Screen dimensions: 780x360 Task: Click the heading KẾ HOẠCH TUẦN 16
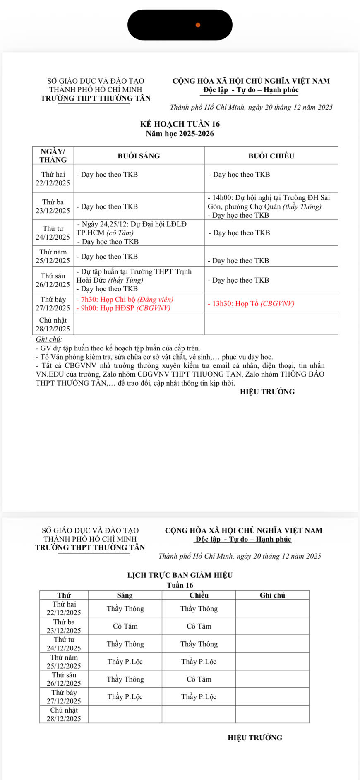[180, 124]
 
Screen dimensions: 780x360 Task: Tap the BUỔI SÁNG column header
[139, 156]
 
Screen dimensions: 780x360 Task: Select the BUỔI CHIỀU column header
[271, 156]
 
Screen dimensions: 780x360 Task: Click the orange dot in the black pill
[198, 25]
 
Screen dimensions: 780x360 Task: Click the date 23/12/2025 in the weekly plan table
[53, 211]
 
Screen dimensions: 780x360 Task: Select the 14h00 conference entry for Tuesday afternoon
[269, 202]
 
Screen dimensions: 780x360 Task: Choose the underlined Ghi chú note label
[49, 339]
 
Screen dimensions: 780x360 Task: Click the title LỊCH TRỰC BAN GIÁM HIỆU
[180, 575]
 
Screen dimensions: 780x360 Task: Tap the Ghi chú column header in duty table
[272, 595]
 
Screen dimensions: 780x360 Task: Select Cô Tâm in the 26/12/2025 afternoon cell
[199, 679]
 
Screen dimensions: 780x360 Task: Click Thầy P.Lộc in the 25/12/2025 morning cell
[125, 661]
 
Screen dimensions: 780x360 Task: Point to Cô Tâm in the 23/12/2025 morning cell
[125, 626]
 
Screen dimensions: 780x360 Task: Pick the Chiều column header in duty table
[199, 595]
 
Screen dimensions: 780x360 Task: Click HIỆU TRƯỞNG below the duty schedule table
[255, 737]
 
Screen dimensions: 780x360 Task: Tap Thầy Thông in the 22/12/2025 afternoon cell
[199, 608]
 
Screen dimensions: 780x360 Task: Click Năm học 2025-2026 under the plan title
[180, 133]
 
